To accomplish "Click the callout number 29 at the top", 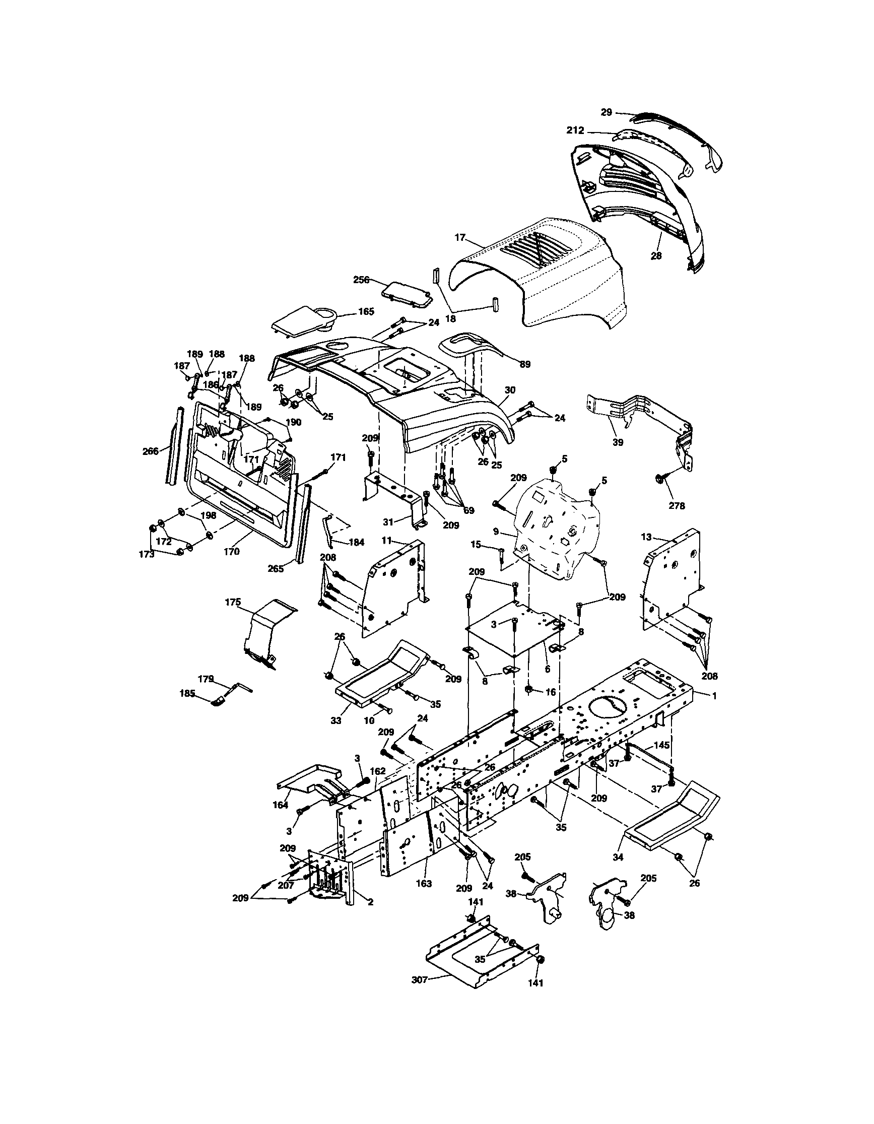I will point(607,112).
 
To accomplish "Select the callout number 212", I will point(575,130).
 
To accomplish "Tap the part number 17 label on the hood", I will point(459,238).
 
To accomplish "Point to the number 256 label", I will point(361,280).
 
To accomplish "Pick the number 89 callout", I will point(524,364).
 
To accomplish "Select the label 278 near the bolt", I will point(677,505).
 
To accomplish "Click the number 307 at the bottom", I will point(420,980).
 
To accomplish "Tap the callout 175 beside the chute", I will point(233,602).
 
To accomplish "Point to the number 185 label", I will point(187,693).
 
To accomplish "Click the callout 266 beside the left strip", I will point(150,451).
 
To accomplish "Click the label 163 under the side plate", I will point(424,884).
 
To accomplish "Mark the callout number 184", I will point(356,542).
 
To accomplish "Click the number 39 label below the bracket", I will point(618,442).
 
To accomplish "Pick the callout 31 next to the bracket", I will point(388,522).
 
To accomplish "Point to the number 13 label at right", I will point(646,537).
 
